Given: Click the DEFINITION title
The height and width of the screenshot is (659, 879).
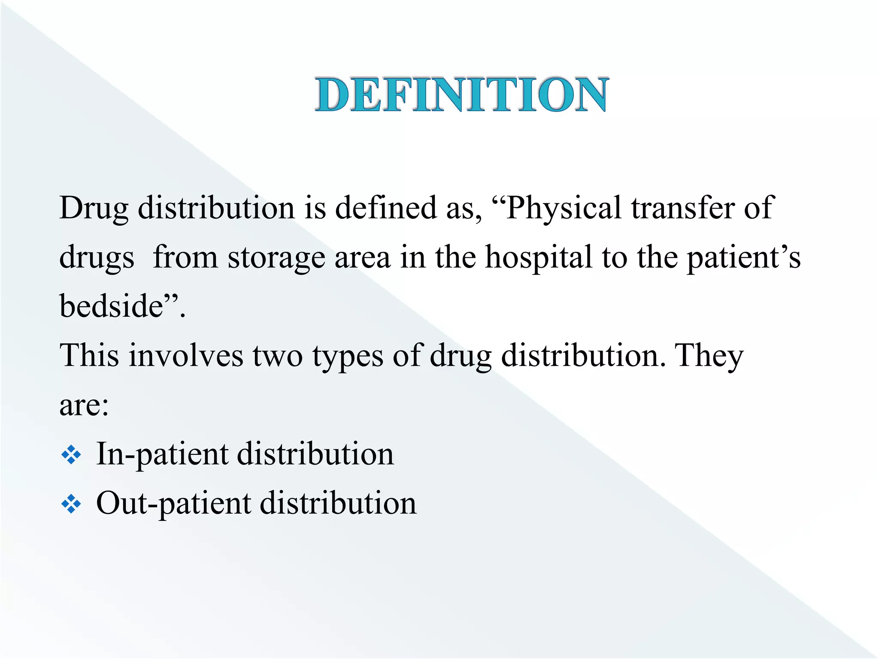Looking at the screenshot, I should pos(461,95).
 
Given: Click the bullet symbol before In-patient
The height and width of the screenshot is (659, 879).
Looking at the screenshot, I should pos(71,455).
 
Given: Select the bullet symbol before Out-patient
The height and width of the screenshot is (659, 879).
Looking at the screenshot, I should pos(71,505).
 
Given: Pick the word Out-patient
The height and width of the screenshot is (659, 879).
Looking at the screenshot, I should pos(173,504).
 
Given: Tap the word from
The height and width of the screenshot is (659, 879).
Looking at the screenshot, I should pos(185,257).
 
